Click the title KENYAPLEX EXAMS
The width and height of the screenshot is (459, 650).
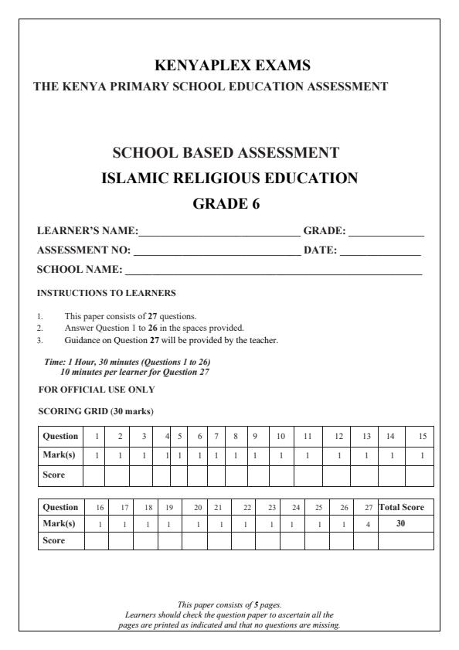[x=229, y=66]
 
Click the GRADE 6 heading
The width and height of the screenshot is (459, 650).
[x=229, y=204]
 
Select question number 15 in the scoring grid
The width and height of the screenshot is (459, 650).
[x=421, y=436]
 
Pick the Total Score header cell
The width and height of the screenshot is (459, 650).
[x=406, y=507]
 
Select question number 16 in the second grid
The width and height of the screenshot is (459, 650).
[x=97, y=507]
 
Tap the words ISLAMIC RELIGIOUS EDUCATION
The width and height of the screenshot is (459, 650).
[x=229, y=179]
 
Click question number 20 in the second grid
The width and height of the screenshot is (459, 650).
[x=198, y=507]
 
